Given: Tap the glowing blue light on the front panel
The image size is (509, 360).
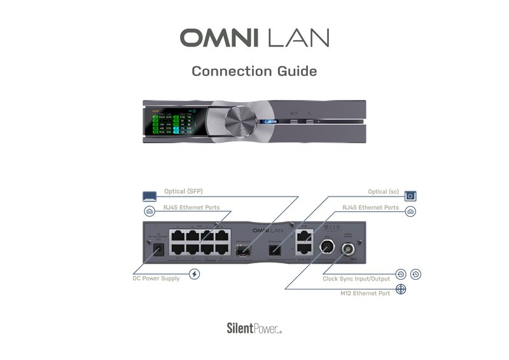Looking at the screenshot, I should pyautogui.click(x=271, y=121).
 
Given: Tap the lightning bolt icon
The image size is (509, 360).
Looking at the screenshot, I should pyautogui.click(x=195, y=275).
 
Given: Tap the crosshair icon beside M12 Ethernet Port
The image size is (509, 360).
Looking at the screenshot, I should pyautogui.click(x=402, y=289).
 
